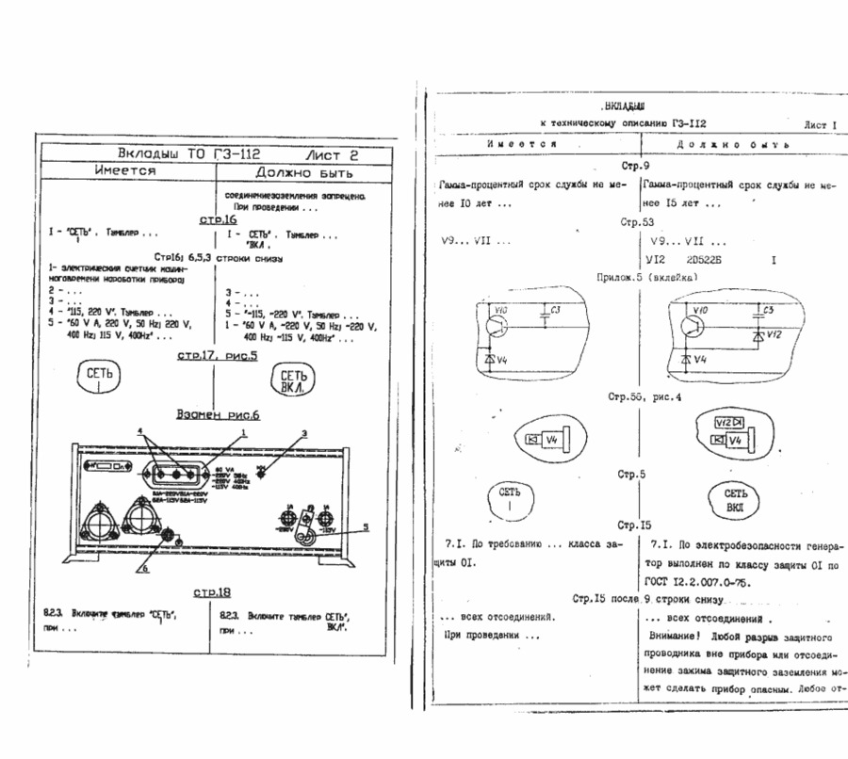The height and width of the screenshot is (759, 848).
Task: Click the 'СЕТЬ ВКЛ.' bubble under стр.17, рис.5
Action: point(289,380)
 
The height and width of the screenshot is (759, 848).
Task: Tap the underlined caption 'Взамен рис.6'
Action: point(217,414)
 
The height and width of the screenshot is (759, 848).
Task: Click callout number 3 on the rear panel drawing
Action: point(304,433)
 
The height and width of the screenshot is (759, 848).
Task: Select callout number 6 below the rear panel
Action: point(146,568)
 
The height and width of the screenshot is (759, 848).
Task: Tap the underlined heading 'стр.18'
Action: point(212,592)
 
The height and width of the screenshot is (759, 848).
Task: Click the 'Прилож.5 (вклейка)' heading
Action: point(645,278)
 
